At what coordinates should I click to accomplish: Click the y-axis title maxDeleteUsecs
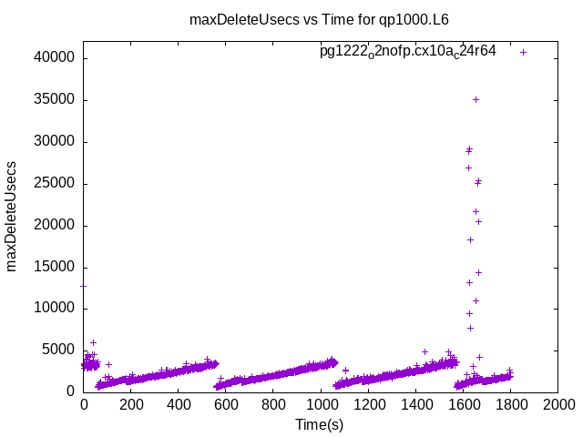click(13, 216)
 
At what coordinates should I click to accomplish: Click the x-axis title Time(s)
click(319, 424)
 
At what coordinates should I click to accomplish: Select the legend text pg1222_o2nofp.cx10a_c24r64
click(407, 51)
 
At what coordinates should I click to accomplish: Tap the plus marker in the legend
click(523, 52)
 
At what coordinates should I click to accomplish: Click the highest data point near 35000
click(476, 99)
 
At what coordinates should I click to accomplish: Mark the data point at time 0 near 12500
click(84, 286)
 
